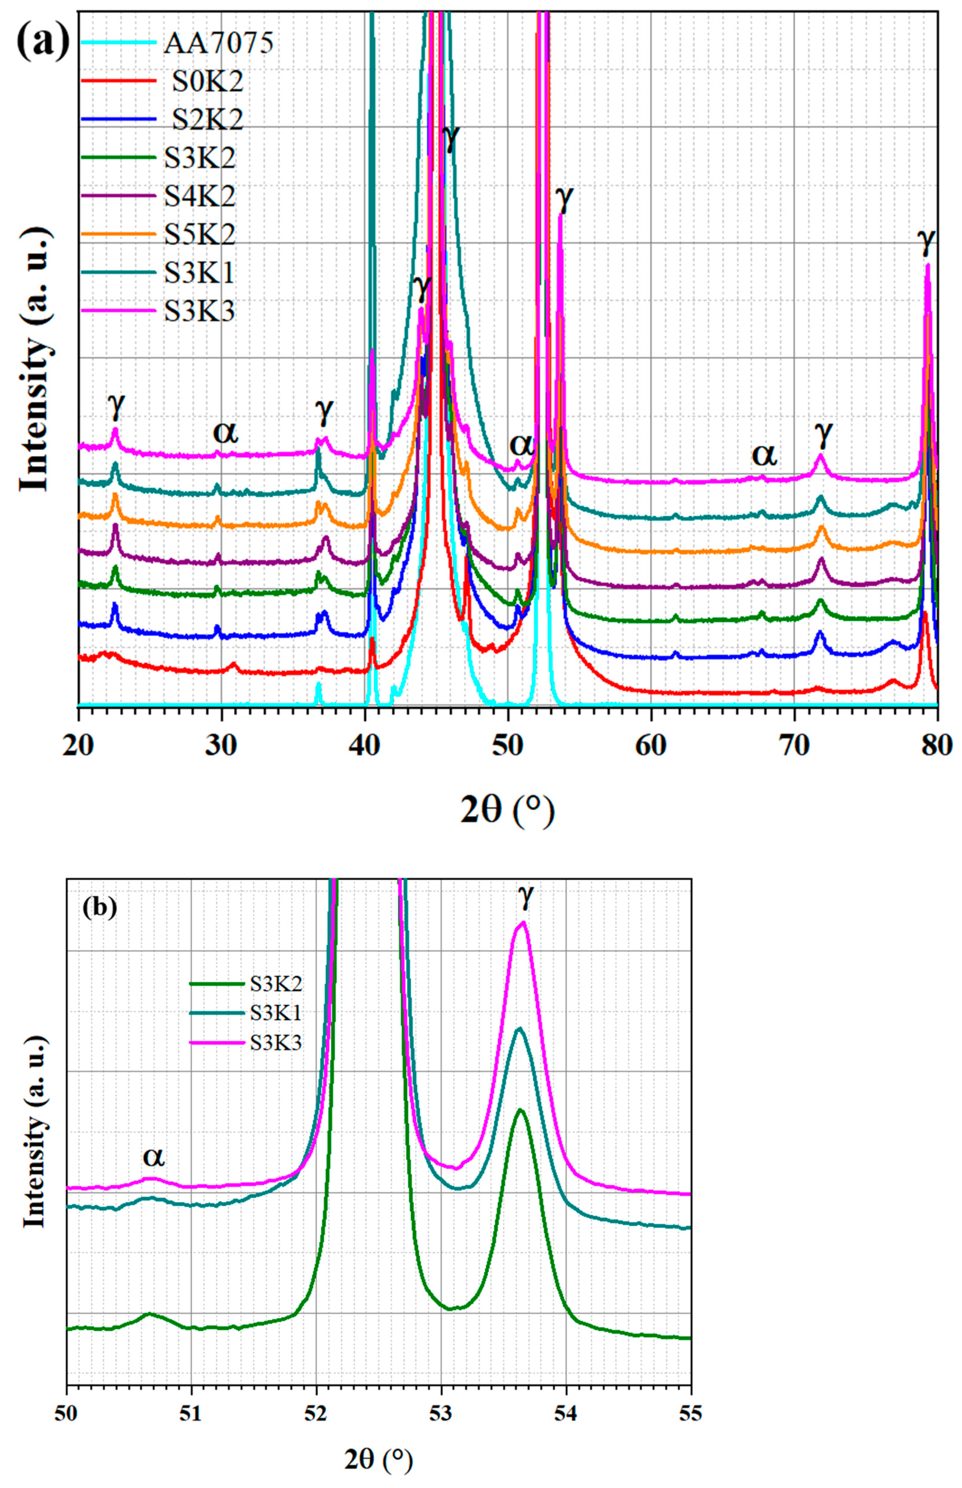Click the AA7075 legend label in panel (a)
point(219,44)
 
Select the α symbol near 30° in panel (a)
point(225,431)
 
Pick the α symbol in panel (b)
point(154,1157)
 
